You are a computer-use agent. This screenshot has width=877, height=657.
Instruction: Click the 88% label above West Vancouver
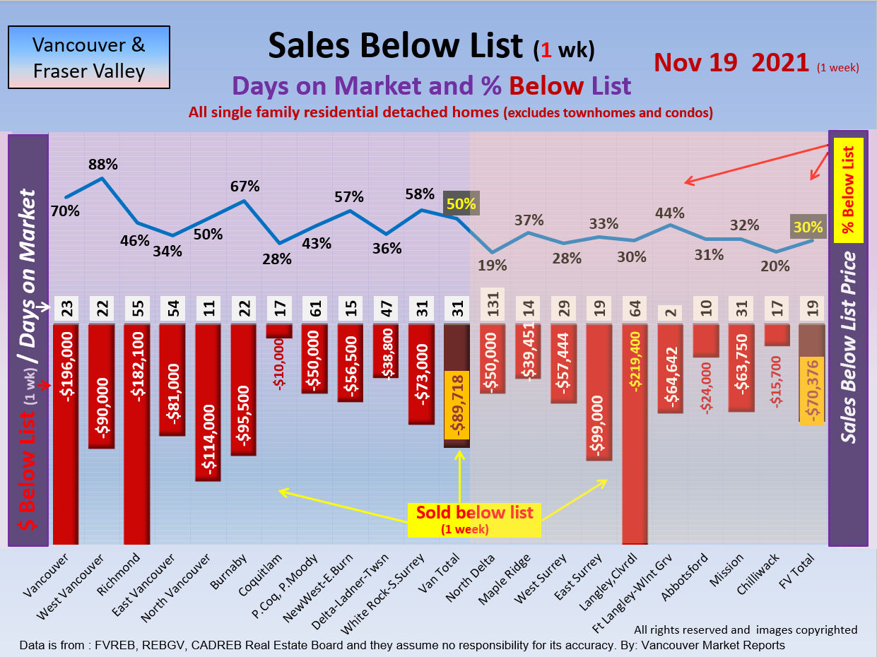coord(102,165)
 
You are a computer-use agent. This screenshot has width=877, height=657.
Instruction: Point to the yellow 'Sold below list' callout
coord(474,519)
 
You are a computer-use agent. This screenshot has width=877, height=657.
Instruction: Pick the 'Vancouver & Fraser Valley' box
coord(89,57)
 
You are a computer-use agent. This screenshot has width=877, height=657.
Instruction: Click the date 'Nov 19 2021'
coord(731,62)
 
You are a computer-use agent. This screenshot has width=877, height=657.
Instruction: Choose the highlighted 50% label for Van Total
coord(461,203)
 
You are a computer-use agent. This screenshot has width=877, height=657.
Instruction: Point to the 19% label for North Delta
coord(492,266)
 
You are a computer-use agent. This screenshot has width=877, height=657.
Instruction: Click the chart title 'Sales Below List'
coord(394,46)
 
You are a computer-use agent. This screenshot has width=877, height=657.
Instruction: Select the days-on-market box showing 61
coord(315,309)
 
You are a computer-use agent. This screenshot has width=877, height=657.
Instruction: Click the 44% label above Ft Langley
coord(669,212)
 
